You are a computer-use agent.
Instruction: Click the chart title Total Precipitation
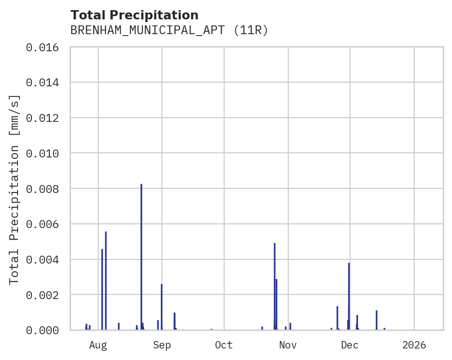point(134,15)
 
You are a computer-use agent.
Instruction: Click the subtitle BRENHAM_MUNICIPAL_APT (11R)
point(169,30)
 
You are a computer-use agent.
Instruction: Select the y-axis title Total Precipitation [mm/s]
point(15,189)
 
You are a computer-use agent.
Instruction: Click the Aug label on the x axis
point(98,345)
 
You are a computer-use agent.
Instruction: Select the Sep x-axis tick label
point(162,345)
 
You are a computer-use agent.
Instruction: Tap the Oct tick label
point(224,345)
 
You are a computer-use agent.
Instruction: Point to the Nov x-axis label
point(287,345)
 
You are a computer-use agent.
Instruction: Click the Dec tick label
point(350,345)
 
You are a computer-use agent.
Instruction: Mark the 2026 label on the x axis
point(414,345)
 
